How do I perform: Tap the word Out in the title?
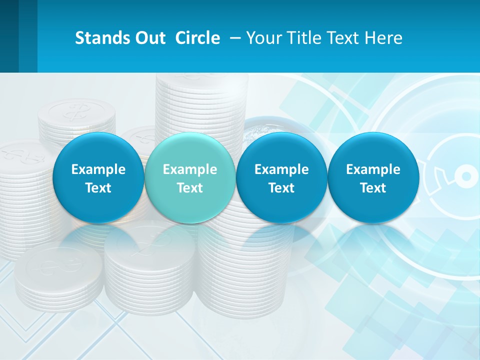148,38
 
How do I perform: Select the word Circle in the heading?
197,38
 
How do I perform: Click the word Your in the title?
264,38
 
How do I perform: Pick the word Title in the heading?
305,38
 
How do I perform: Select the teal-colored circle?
189,178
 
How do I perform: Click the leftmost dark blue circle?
98,178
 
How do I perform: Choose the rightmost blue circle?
373,178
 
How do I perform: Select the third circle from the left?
281,178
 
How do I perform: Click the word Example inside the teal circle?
190,169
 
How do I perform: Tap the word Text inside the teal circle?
190,188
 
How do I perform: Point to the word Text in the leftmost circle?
98,188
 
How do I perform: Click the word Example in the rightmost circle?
373,169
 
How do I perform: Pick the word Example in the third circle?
281,169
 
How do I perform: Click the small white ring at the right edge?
465,176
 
